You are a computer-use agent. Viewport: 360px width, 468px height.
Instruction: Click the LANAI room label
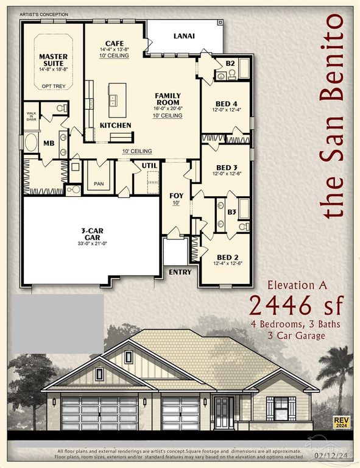click(x=184, y=36)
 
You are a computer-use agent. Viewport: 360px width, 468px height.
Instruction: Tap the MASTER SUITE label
click(x=54, y=60)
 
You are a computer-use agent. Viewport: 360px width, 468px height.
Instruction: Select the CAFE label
click(x=115, y=43)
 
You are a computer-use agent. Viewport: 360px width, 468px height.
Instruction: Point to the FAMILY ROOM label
click(x=168, y=99)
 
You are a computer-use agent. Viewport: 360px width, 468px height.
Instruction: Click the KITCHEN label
click(x=116, y=125)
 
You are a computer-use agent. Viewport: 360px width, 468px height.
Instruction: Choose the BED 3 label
click(x=226, y=168)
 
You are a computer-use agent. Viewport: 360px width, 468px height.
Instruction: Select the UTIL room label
click(x=149, y=165)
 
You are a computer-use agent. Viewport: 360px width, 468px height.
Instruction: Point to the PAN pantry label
click(x=99, y=183)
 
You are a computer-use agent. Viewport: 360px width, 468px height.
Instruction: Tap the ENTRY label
click(x=180, y=272)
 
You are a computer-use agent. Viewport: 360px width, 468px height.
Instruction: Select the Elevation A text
click(x=298, y=284)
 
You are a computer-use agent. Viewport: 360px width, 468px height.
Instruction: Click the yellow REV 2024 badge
click(x=341, y=423)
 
